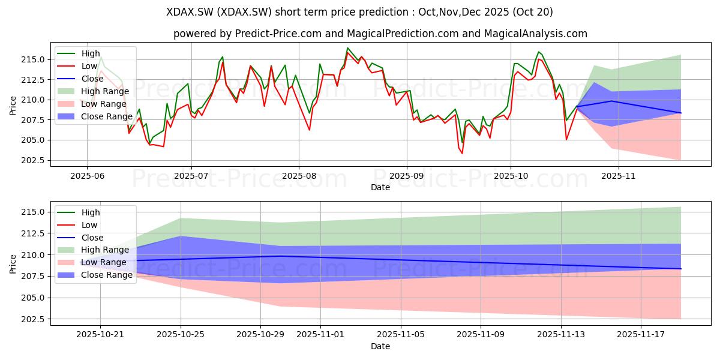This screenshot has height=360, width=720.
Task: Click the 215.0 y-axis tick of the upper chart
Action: [x=32, y=59]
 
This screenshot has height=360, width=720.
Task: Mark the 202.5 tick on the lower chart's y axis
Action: [x=32, y=319]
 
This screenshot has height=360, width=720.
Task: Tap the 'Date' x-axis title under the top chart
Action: [x=380, y=187]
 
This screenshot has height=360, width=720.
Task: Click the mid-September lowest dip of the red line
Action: [x=462, y=153]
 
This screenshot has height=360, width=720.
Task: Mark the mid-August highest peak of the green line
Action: [x=347, y=48]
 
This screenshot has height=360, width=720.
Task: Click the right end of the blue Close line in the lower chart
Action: [x=681, y=269]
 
